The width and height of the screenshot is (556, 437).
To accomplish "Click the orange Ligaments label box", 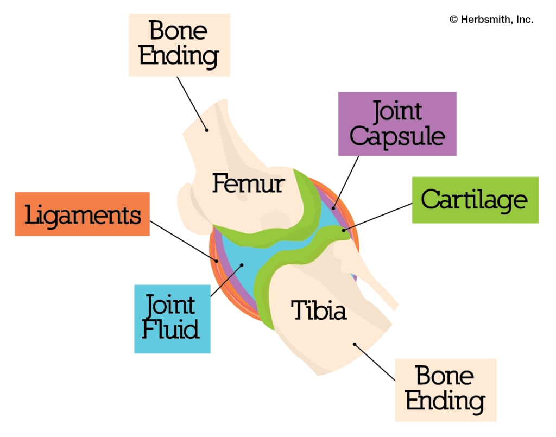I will pos(82,214).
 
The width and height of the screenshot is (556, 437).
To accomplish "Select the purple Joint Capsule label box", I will pos(397,124).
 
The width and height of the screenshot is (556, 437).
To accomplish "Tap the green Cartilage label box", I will pos(475,200).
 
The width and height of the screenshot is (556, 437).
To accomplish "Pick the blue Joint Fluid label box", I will pos(172,318).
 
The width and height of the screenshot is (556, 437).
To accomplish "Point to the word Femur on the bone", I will pos(248,183).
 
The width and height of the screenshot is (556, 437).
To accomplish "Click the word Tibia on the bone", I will pos(319,311).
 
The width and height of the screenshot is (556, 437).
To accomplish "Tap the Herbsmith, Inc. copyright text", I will pos(491,20).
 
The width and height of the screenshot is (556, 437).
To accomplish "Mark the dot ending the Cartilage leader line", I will pos(343,231).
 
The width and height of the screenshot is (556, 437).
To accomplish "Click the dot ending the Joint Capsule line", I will pos(334,207).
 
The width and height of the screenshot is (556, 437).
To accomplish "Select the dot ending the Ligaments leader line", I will pos(216,261).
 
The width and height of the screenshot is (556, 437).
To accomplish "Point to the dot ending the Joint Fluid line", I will pos(242,265).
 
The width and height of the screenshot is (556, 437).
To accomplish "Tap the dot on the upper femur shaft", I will pos(206,129).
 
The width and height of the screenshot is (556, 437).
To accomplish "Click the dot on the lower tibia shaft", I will pos(354,344).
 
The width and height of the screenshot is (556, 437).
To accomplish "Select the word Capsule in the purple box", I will pos(397,137).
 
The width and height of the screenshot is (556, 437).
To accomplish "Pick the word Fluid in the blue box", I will pos(171,329).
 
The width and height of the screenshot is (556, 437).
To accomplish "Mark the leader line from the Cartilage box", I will pos(377,217).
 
